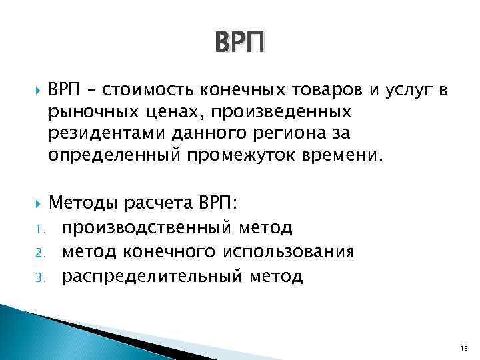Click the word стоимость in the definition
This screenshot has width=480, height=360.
pos(139,91)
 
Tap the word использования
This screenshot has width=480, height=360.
pos(288,251)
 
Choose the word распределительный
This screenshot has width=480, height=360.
pos(147,275)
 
